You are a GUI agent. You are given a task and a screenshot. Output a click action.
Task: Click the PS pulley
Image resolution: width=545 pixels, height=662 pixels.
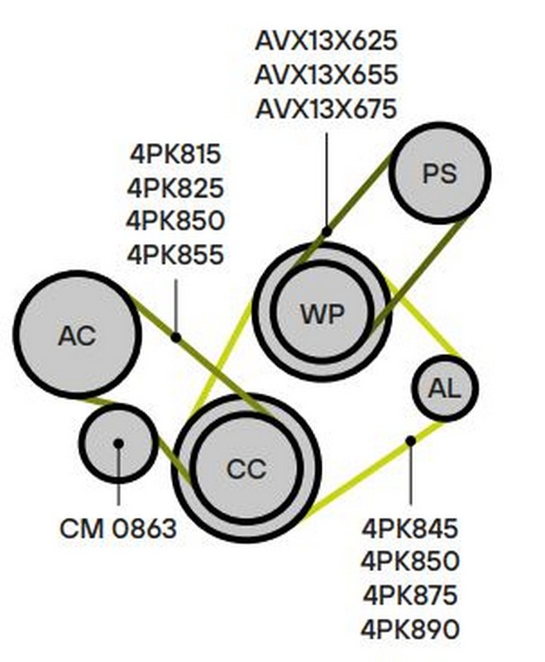tap(439, 173)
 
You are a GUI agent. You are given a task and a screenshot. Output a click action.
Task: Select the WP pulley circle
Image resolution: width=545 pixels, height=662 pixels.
tap(321, 313)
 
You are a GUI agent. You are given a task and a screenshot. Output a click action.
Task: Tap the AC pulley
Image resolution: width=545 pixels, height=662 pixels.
tap(76, 334)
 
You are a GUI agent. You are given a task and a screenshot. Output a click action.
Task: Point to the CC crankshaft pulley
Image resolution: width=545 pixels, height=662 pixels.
tap(246, 469)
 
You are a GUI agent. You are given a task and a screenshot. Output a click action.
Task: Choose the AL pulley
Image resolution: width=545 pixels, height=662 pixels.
tap(445, 387)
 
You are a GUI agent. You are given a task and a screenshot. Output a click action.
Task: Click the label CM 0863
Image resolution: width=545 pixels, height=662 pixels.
tap(118, 528)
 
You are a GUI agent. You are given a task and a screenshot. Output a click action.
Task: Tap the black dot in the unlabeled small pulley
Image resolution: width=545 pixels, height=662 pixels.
tap(118, 444)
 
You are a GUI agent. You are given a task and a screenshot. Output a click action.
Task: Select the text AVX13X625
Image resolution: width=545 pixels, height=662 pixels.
tap(326, 40)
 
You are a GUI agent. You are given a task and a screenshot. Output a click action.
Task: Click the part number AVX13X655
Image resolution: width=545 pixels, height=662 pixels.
tap(326, 74)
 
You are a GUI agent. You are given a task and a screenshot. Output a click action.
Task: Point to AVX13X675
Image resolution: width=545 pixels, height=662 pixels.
tap(326, 108)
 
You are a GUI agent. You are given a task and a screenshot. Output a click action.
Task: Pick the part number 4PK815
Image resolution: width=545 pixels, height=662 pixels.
tap(175, 154)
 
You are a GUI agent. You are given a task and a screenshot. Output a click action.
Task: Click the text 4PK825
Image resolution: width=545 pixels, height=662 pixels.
tap(175, 188)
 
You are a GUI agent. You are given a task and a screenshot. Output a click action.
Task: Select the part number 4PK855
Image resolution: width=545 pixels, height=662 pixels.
tap(175, 256)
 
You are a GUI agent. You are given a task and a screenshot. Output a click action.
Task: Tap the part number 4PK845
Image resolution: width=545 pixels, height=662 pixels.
tap(409, 528)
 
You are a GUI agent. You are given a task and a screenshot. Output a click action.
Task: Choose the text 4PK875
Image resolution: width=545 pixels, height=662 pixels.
tap(409, 595)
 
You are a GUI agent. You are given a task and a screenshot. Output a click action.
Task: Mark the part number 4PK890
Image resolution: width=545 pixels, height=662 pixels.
tap(409, 629)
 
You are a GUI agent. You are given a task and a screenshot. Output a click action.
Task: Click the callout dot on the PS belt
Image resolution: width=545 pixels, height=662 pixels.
tap(327, 231)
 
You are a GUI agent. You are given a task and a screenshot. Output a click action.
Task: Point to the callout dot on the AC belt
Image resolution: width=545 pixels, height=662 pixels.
tap(175, 337)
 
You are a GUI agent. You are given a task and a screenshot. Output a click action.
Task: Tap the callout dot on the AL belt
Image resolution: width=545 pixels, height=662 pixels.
tap(410, 441)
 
